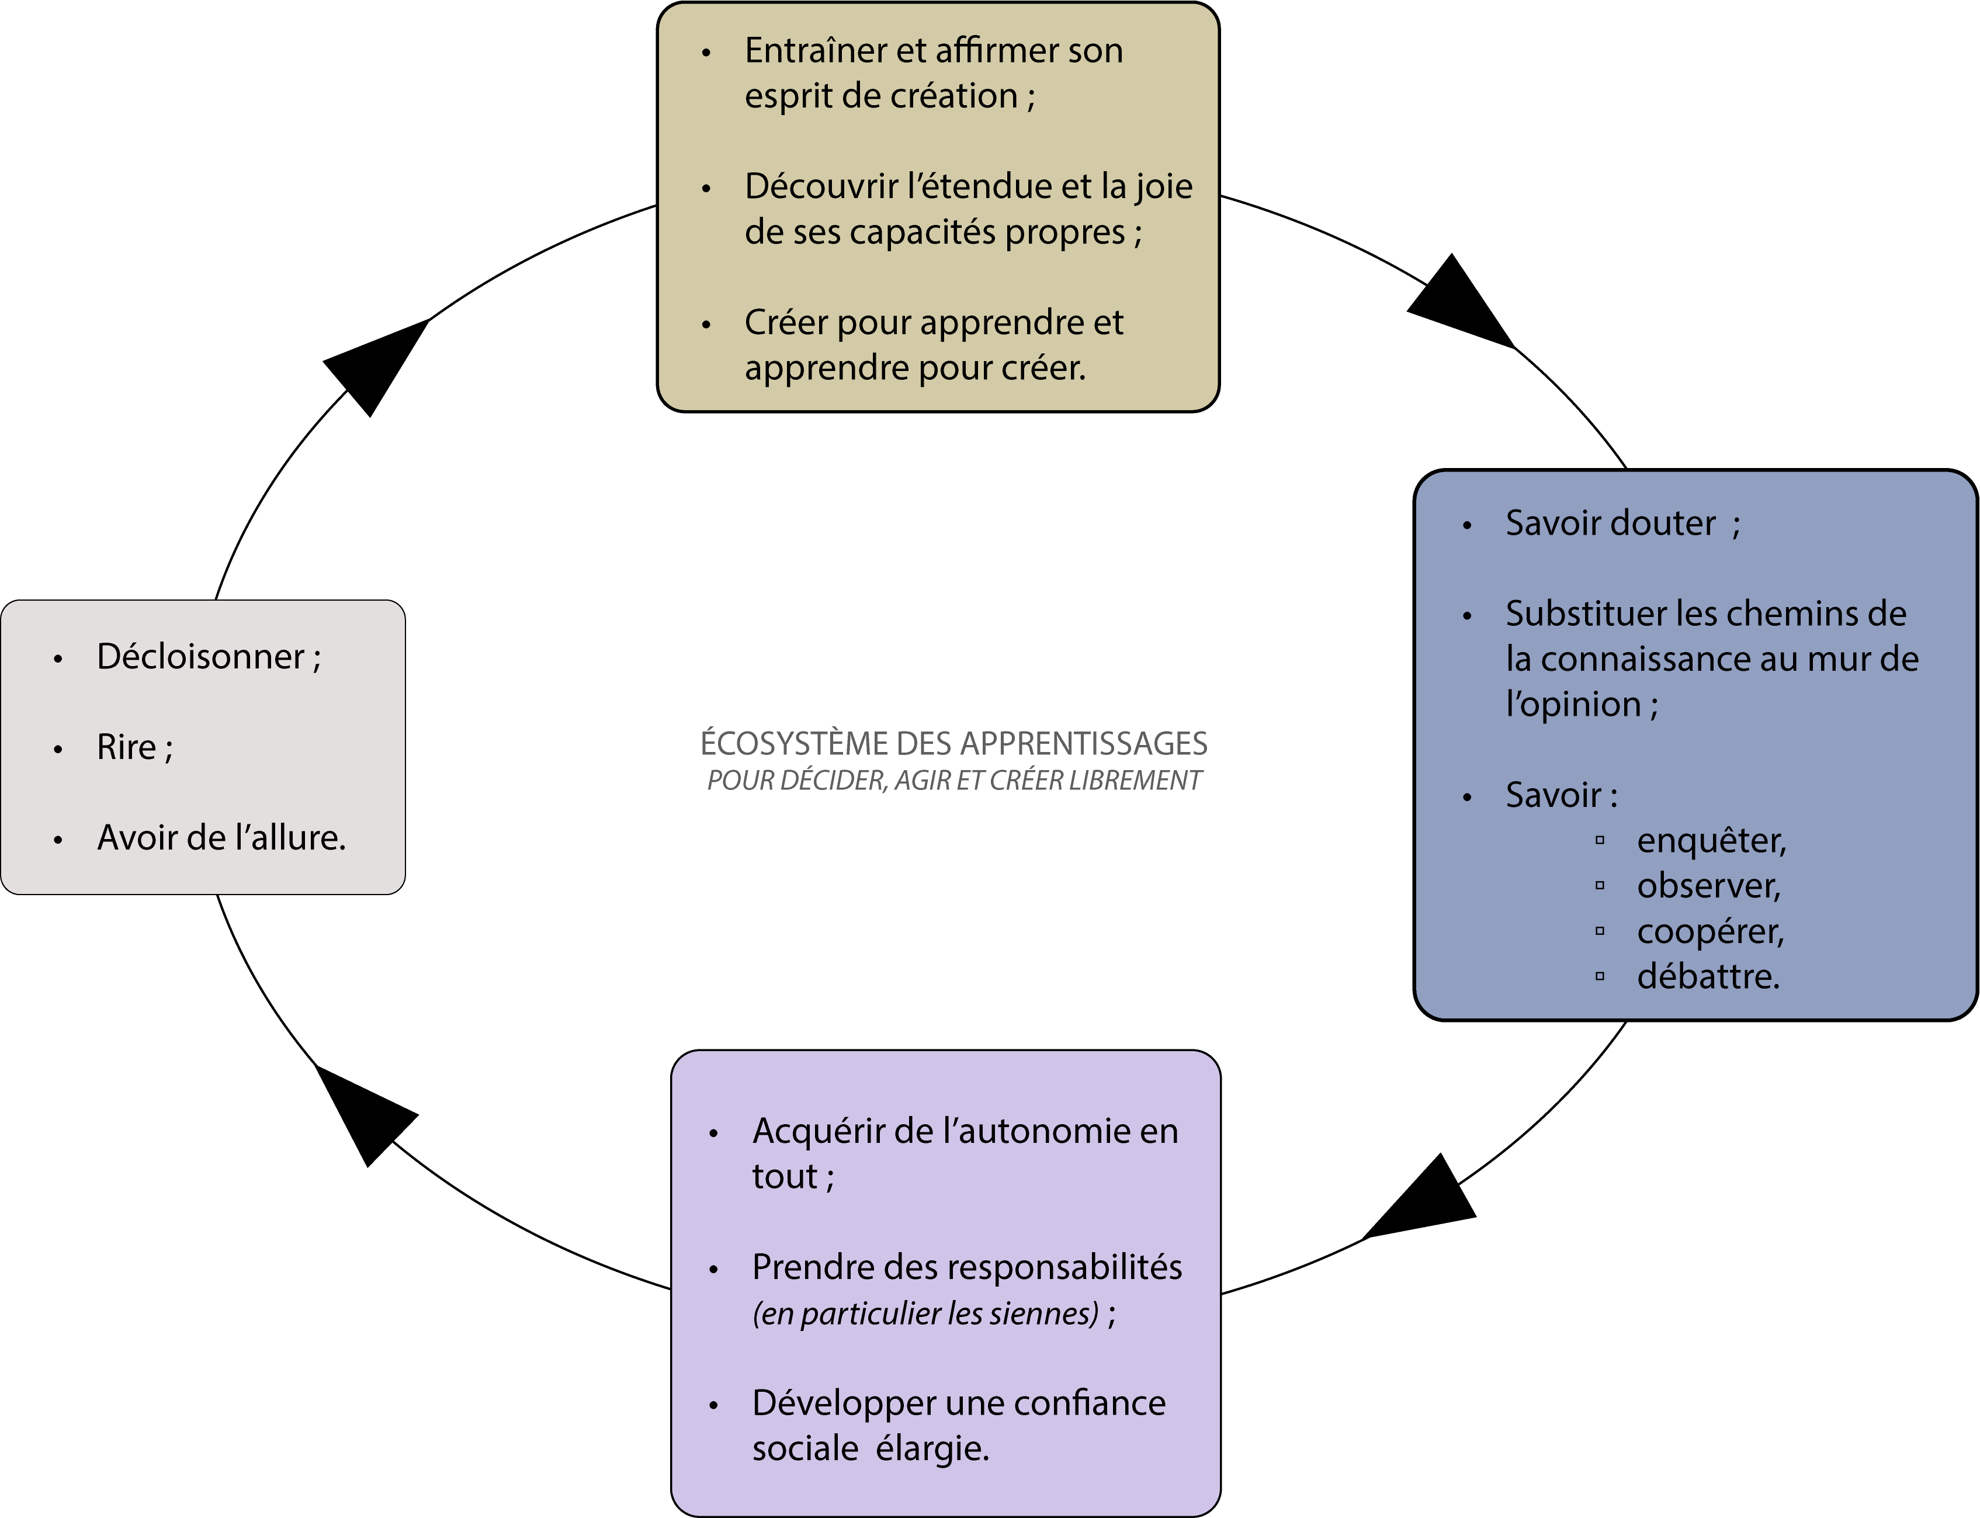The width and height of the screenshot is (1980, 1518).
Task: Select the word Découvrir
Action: coord(821,187)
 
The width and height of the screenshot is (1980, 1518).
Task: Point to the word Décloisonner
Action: coord(200,657)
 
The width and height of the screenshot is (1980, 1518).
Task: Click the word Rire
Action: coord(126,748)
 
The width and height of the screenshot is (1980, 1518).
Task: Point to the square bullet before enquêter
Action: coord(1600,840)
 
